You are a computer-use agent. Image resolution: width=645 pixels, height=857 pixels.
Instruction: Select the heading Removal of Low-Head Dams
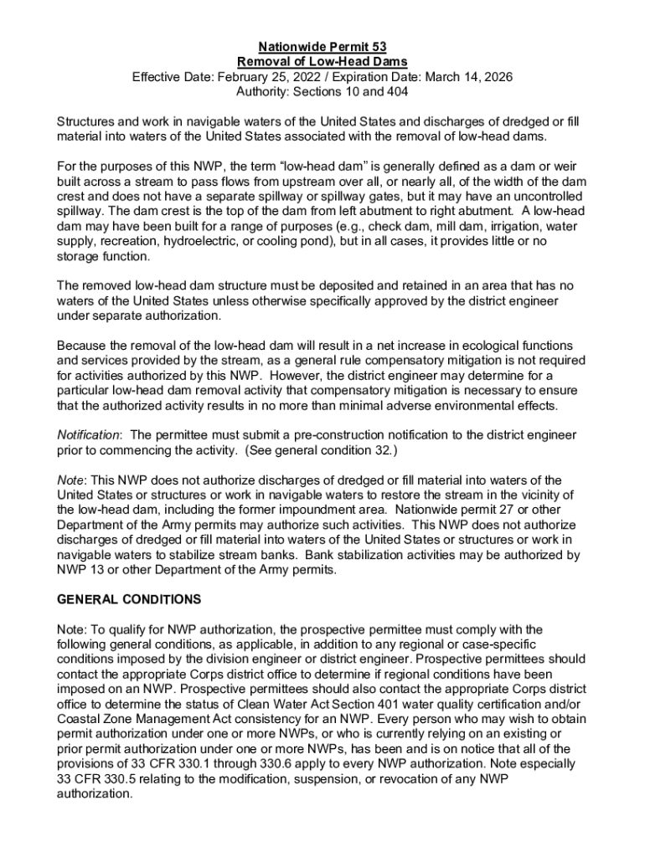322,62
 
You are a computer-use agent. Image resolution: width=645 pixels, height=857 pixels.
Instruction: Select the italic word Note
71,480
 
